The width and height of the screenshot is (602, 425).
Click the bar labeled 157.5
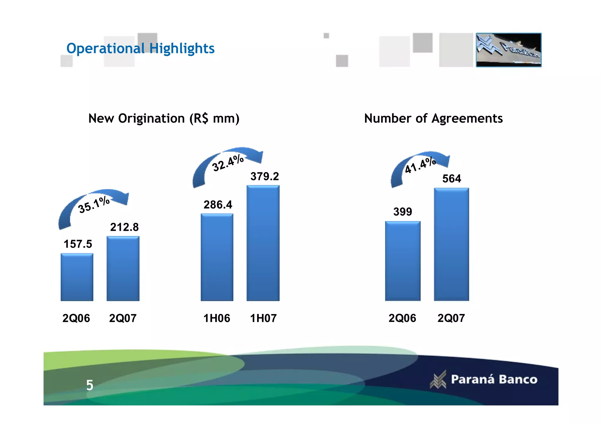77,277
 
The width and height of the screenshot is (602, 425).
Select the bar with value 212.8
123,268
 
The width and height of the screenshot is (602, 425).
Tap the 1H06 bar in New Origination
217,257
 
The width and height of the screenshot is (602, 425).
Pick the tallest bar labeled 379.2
263,243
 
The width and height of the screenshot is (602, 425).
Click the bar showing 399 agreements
403,261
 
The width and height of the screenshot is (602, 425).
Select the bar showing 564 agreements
451,244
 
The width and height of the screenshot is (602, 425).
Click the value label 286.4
218,205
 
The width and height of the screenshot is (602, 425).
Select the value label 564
451,179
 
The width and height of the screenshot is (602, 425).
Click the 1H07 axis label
263,318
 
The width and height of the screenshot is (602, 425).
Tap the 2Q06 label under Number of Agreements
402,318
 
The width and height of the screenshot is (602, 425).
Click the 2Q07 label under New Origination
123,318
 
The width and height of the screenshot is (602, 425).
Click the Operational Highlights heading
141,48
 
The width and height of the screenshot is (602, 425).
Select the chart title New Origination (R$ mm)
164,118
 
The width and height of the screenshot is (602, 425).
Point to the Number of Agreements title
433,118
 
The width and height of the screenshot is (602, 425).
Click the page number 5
90,385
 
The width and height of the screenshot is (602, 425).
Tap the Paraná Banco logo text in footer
494,379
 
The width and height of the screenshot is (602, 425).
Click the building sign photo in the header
509,50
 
